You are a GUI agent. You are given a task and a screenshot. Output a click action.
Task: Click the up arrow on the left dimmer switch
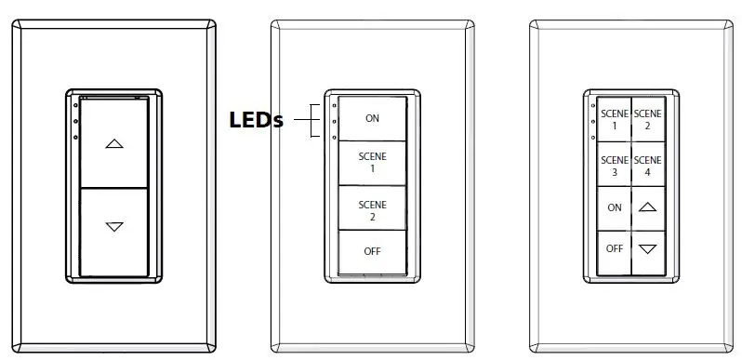coord(113,144)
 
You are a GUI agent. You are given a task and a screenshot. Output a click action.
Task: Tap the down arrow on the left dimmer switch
coord(113,226)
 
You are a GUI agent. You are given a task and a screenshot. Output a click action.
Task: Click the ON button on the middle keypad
coord(372,118)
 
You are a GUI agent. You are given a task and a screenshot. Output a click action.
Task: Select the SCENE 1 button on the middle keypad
coord(372,163)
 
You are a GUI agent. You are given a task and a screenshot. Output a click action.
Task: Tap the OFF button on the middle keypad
coord(372,251)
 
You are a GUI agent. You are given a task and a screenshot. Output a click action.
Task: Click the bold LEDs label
coord(257,121)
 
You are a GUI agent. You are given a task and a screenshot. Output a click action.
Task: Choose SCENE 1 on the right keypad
coord(615,119)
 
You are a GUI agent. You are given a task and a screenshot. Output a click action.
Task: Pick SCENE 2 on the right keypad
coord(648,119)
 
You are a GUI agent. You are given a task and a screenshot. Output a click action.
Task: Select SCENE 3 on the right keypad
coord(615,166)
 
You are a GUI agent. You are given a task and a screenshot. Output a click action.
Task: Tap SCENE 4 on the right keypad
coord(648,166)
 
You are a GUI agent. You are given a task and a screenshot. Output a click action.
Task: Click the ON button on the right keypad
coord(615,208)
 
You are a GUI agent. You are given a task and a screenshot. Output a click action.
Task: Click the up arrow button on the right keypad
coord(648,208)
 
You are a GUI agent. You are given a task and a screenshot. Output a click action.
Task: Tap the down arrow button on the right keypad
coord(648,249)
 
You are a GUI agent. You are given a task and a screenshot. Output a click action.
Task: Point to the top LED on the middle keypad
coord(332,104)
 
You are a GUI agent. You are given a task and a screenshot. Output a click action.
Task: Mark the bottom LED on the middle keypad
coord(332,137)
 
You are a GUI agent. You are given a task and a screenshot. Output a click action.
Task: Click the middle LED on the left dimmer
coord(73,121)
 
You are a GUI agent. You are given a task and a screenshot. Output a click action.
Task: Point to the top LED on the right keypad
coord(591,104)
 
